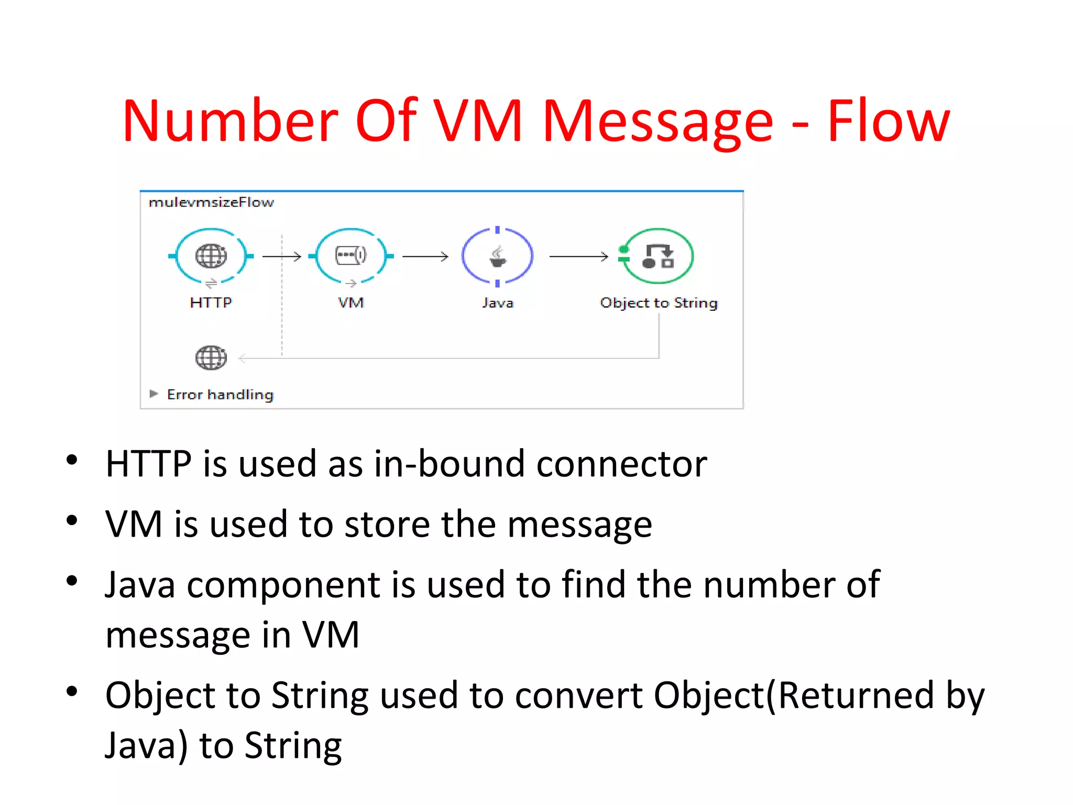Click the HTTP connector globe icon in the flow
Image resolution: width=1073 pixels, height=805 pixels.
(211, 256)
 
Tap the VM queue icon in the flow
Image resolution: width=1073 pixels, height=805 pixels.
(351, 256)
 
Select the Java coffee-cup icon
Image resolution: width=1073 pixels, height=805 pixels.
(497, 256)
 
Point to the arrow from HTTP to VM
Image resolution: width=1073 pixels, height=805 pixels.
(281, 256)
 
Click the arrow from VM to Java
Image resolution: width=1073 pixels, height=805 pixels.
(425, 256)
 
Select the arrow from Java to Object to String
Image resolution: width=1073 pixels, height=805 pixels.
(578, 256)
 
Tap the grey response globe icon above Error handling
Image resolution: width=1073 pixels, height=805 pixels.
(211, 358)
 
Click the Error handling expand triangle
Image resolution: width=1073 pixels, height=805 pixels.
(154, 394)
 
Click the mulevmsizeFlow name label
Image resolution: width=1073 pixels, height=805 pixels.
(211, 202)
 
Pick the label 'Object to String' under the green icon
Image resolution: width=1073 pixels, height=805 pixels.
(659, 303)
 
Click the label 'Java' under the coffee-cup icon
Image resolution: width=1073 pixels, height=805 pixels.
(497, 303)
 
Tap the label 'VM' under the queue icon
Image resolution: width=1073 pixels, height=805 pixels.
(351, 303)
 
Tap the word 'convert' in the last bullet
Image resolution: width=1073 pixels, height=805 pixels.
(579, 695)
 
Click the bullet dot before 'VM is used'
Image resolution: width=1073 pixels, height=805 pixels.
(72, 520)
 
